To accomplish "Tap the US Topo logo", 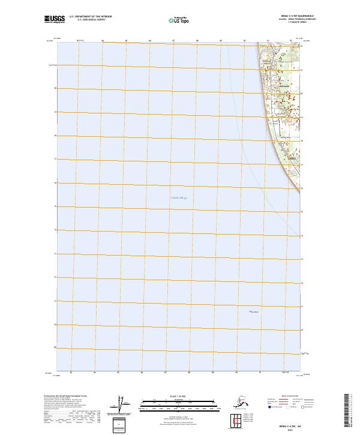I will (x=178, y=20).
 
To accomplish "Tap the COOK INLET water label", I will (x=179, y=197).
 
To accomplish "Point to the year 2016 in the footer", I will (x=288, y=428).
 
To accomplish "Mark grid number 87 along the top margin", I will (x=173, y=41).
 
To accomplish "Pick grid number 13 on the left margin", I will (x=56, y=253).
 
